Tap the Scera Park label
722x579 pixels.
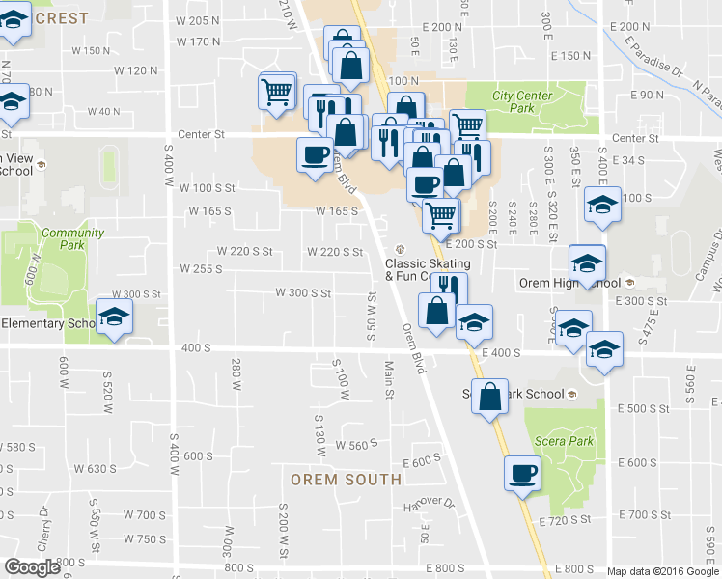pos(557,442)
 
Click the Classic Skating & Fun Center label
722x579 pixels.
pos(428,269)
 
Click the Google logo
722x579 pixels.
pos(32,567)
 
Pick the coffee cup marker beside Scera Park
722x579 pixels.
pos(522,474)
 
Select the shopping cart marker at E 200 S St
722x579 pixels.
pos(441,215)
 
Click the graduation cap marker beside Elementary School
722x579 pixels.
pos(113,318)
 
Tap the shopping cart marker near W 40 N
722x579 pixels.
pos(276,93)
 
